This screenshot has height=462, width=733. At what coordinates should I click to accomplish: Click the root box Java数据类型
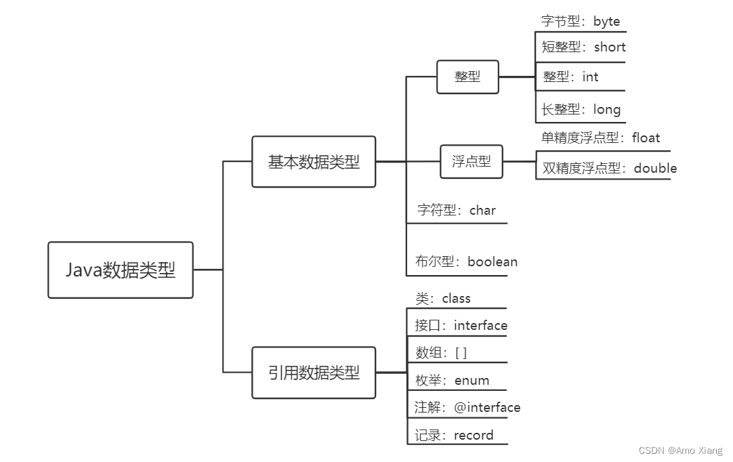[x=121, y=270]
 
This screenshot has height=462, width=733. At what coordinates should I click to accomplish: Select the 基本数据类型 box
[x=314, y=162]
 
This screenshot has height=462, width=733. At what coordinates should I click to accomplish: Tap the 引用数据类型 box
[x=314, y=373]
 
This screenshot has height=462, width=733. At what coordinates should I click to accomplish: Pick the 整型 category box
[x=467, y=77]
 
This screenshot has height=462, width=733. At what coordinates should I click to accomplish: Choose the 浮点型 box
[x=472, y=162]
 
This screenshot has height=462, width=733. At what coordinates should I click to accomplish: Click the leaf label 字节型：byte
[x=581, y=22]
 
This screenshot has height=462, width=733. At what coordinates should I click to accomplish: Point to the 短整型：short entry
[x=583, y=47]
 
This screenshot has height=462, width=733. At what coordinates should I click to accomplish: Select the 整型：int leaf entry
[x=570, y=77]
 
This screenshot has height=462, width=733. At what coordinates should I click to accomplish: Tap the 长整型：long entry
[x=581, y=109]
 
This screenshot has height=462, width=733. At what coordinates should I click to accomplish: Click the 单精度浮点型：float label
[x=600, y=138]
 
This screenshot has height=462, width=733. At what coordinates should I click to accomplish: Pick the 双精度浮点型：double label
[x=609, y=168]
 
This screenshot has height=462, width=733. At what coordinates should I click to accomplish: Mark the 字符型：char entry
[x=456, y=210]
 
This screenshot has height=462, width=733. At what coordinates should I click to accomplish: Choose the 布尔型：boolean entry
[x=466, y=261]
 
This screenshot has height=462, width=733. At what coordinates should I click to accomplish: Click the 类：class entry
[x=443, y=299]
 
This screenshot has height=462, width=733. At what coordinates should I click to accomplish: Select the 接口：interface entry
[x=461, y=326]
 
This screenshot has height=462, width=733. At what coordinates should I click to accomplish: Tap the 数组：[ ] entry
[x=441, y=353]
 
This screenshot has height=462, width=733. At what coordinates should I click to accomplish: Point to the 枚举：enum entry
[x=452, y=381]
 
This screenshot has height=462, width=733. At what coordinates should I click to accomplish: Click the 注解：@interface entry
[x=467, y=408]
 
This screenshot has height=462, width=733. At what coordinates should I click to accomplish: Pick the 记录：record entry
[x=454, y=436]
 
